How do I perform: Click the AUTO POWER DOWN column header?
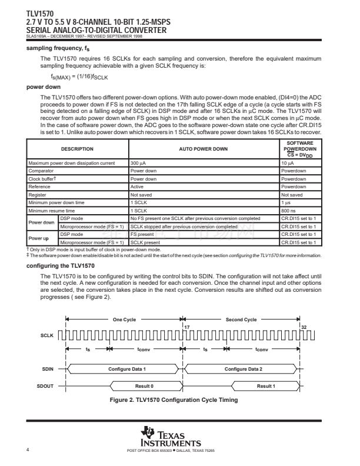(x=203, y=149)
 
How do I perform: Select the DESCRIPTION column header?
(x=78, y=149)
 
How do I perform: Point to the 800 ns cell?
(x=288, y=210)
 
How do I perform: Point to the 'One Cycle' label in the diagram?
(x=124, y=319)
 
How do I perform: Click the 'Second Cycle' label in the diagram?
(x=241, y=319)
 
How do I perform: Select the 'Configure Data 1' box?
(x=127, y=368)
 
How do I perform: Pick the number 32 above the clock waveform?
(x=304, y=327)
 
